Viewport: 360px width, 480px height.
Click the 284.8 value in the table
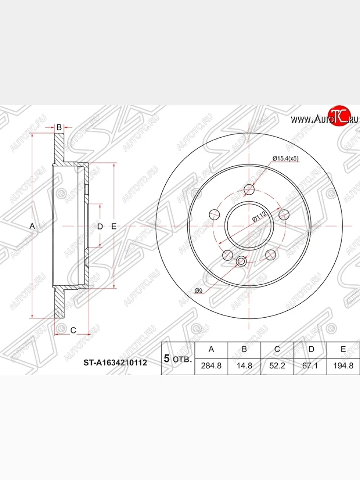(x=211, y=366)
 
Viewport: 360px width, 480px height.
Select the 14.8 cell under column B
(x=244, y=366)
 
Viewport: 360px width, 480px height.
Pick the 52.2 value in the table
(x=277, y=366)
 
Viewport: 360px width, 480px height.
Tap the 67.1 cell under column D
(x=310, y=366)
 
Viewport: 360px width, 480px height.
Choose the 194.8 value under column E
(x=343, y=366)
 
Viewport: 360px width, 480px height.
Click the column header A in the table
(x=211, y=349)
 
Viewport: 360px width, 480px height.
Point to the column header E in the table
(x=343, y=349)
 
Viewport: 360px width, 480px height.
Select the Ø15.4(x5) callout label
(x=286, y=158)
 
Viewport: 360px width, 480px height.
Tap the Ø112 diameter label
(x=259, y=216)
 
